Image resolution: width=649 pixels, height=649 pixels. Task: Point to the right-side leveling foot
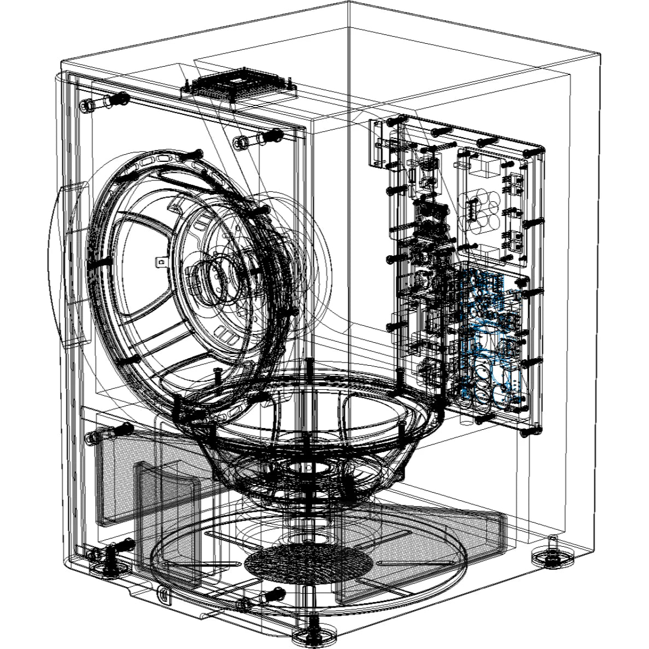pos(553,558)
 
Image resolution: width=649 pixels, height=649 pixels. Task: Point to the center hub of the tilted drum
pos(211,276)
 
